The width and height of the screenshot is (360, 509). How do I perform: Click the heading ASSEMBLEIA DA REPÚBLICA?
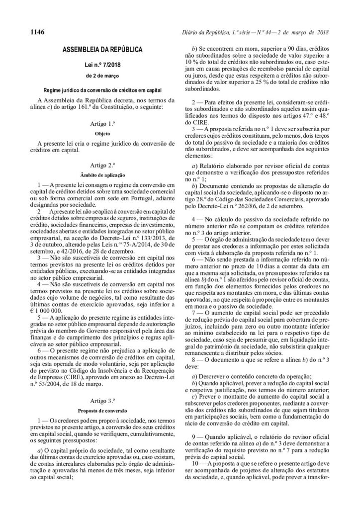click(102, 50)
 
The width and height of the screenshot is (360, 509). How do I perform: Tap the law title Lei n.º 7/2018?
click(102, 65)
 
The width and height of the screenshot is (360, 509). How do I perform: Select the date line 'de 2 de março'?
click(102, 76)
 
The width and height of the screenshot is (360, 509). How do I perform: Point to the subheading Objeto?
click(102, 133)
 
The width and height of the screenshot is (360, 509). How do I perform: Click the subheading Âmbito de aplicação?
click(102, 174)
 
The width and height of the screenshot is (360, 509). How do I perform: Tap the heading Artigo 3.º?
click(102, 400)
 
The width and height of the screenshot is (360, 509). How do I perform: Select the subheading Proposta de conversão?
click(102, 411)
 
